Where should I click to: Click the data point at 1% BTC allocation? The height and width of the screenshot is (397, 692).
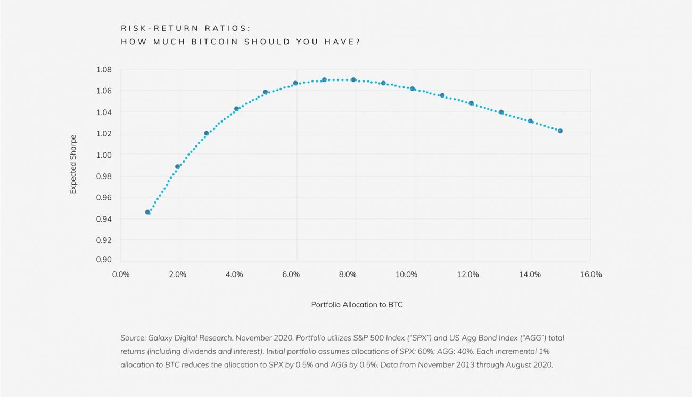coord(147,212)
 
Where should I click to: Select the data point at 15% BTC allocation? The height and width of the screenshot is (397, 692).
coord(560,131)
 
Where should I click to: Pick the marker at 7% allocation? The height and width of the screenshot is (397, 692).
coord(324,80)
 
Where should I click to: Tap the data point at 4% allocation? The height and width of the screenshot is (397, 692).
coord(236,109)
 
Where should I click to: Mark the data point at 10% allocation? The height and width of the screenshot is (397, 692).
coord(413,88)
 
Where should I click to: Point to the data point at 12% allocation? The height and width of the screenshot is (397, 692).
coord(471,103)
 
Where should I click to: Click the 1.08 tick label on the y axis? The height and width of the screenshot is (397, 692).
coord(104,70)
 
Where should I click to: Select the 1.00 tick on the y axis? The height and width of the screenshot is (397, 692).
coord(104,155)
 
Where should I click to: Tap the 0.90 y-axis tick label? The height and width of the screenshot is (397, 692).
coord(104,260)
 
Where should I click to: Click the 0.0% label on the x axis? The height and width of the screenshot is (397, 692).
coord(121,274)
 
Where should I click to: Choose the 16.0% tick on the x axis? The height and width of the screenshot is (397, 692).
coord(591,274)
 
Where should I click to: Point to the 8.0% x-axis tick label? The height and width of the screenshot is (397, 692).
coord(348,274)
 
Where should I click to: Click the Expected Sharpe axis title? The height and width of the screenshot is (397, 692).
coord(73,165)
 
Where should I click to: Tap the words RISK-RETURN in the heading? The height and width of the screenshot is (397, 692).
coord(165,28)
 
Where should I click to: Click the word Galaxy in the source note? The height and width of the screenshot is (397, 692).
coord(160,338)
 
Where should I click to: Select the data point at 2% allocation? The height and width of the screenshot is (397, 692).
coord(178,167)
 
